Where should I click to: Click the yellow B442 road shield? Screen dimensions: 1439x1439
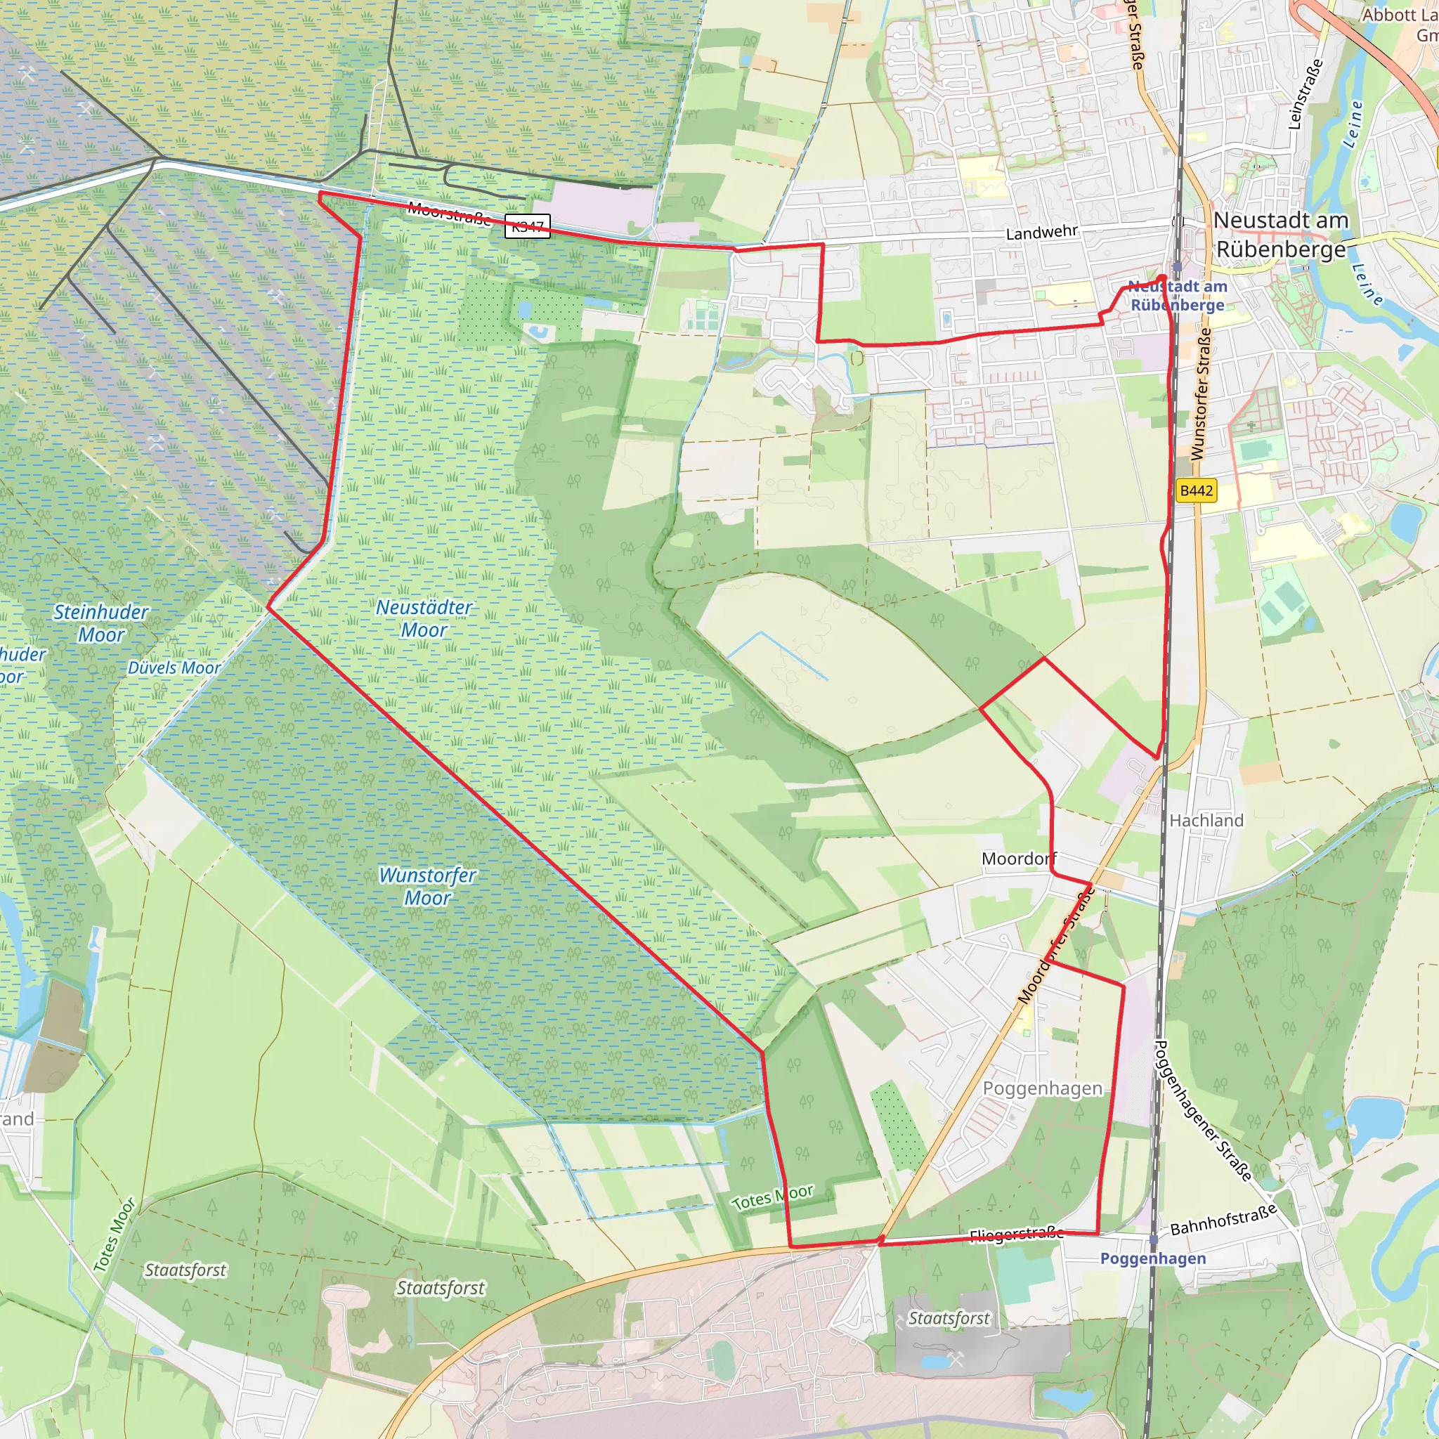coord(1196,491)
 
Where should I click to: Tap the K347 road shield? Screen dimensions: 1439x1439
coord(528,226)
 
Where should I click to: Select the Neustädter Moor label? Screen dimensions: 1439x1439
coord(424,618)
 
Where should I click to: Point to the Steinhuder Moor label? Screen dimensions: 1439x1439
coord(101,623)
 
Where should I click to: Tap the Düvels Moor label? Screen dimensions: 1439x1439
coord(174,668)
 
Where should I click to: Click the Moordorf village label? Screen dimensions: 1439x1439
coord(1019,859)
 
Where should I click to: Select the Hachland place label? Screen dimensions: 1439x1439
coord(1206,820)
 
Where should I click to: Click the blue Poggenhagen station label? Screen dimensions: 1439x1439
coord(1153,1258)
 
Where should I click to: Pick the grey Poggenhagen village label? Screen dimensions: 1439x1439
coord(1042,1088)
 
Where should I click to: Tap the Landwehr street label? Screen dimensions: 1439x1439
coord(1041,233)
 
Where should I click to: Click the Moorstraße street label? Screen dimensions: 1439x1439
coord(448,214)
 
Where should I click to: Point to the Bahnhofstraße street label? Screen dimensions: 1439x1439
coord(1223,1219)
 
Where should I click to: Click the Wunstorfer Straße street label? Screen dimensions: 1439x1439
coord(1200,395)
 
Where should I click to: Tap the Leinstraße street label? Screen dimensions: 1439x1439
coord(1305,94)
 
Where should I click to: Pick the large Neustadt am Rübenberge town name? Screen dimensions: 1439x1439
coord(1281,234)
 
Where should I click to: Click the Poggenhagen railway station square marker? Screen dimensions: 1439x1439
coord(1154,1239)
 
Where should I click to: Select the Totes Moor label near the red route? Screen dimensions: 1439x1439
coord(772,1199)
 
